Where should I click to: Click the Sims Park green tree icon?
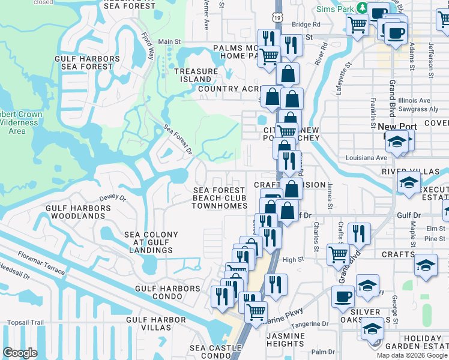pyautogui.click(x=361, y=7)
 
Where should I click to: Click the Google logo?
pyautogui.click(x=21, y=353)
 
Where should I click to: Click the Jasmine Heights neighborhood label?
pyautogui.click(x=285, y=340)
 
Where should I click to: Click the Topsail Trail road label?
pyautogui.click(x=22, y=322)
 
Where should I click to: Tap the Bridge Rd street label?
pyautogui.click(x=307, y=25)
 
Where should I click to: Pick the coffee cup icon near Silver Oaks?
pyautogui.click(x=343, y=296)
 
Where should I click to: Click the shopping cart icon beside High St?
pyautogui.click(x=338, y=254)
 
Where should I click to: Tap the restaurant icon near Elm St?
pyautogui.click(x=359, y=233)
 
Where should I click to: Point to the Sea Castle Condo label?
pyautogui.click(x=215, y=352)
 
